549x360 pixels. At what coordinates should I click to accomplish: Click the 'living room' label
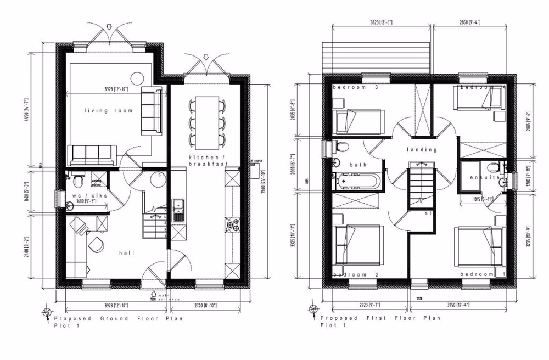(108, 111)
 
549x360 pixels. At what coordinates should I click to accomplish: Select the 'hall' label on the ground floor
(126, 253)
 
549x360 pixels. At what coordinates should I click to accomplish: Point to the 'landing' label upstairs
(421, 149)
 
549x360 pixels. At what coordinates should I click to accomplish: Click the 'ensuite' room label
(485, 178)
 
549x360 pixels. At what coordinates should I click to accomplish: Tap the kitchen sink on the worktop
(178, 210)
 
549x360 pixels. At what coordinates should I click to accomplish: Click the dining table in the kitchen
(207, 120)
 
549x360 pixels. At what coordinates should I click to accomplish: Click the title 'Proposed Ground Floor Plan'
(118, 318)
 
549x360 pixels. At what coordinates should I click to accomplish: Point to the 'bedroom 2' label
(350, 275)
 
